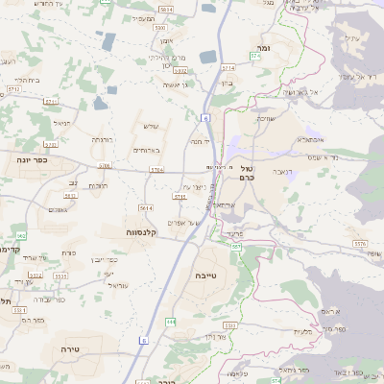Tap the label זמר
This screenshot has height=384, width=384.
click(x=263, y=46)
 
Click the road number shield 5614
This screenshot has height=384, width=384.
click(x=145, y=207)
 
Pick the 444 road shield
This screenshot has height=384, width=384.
click(x=170, y=322)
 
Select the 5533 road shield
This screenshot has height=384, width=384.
click(x=60, y=276)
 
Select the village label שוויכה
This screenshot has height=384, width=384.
click(x=267, y=119)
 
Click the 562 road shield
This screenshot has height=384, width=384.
click(x=20, y=235)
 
